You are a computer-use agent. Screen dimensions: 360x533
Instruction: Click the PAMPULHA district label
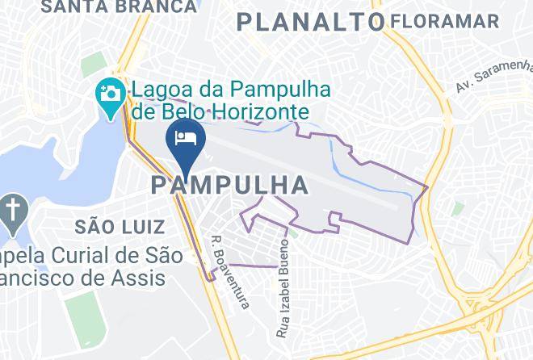229,186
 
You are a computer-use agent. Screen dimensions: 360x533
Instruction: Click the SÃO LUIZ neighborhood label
121,226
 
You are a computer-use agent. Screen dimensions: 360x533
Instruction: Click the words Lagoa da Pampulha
228,86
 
